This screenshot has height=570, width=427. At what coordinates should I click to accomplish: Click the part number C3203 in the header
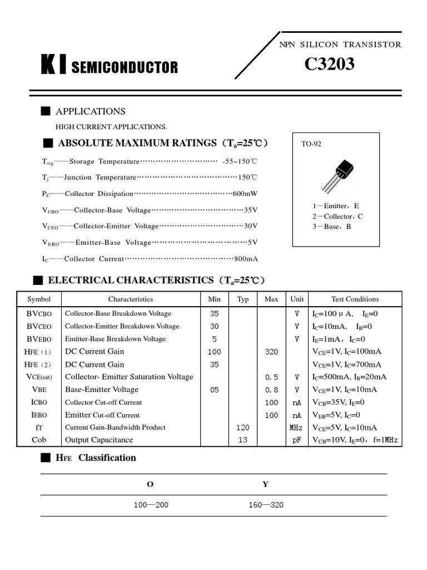click(x=329, y=65)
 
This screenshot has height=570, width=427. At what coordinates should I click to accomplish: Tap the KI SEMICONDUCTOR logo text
click(x=110, y=67)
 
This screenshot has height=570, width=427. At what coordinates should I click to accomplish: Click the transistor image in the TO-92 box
click(x=339, y=174)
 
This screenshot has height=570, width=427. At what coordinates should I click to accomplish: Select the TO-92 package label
click(x=311, y=144)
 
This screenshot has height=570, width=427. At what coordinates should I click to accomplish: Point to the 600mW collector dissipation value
click(x=245, y=194)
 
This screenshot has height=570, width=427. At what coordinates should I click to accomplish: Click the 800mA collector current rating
click(x=246, y=259)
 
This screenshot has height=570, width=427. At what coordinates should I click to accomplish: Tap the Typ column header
click(x=243, y=299)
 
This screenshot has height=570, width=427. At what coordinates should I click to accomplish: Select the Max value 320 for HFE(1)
click(x=271, y=352)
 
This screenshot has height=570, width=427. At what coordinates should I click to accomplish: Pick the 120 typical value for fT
click(x=243, y=427)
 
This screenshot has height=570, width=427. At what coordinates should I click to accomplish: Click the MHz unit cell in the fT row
click(x=296, y=427)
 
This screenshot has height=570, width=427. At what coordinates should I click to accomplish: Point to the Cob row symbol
click(x=39, y=440)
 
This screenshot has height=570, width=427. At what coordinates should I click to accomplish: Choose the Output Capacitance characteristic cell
click(x=99, y=440)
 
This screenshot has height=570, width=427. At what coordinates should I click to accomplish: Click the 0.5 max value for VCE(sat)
click(x=271, y=377)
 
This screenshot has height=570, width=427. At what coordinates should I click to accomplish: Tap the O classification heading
click(x=150, y=484)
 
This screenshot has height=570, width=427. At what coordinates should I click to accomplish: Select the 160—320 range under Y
click(x=266, y=505)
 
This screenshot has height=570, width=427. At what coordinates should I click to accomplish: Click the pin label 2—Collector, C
click(x=337, y=216)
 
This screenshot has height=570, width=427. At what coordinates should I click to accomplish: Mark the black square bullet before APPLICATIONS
click(x=46, y=111)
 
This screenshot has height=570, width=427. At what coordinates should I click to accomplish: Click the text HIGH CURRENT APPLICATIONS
click(x=111, y=127)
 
